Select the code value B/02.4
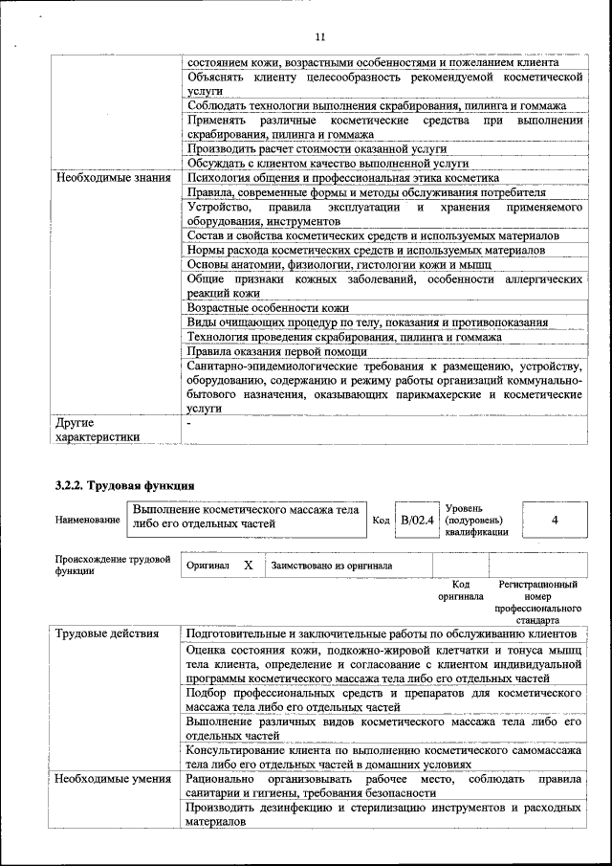(x=417, y=520)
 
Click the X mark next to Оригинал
(x=248, y=566)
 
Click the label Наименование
(x=87, y=520)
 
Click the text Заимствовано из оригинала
(x=332, y=566)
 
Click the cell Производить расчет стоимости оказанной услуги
(x=317, y=149)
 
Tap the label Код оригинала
(x=461, y=589)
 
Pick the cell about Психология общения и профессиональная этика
(x=342, y=178)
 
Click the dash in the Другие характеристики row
(x=189, y=422)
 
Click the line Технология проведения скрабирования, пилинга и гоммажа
(x=344, y=337)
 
